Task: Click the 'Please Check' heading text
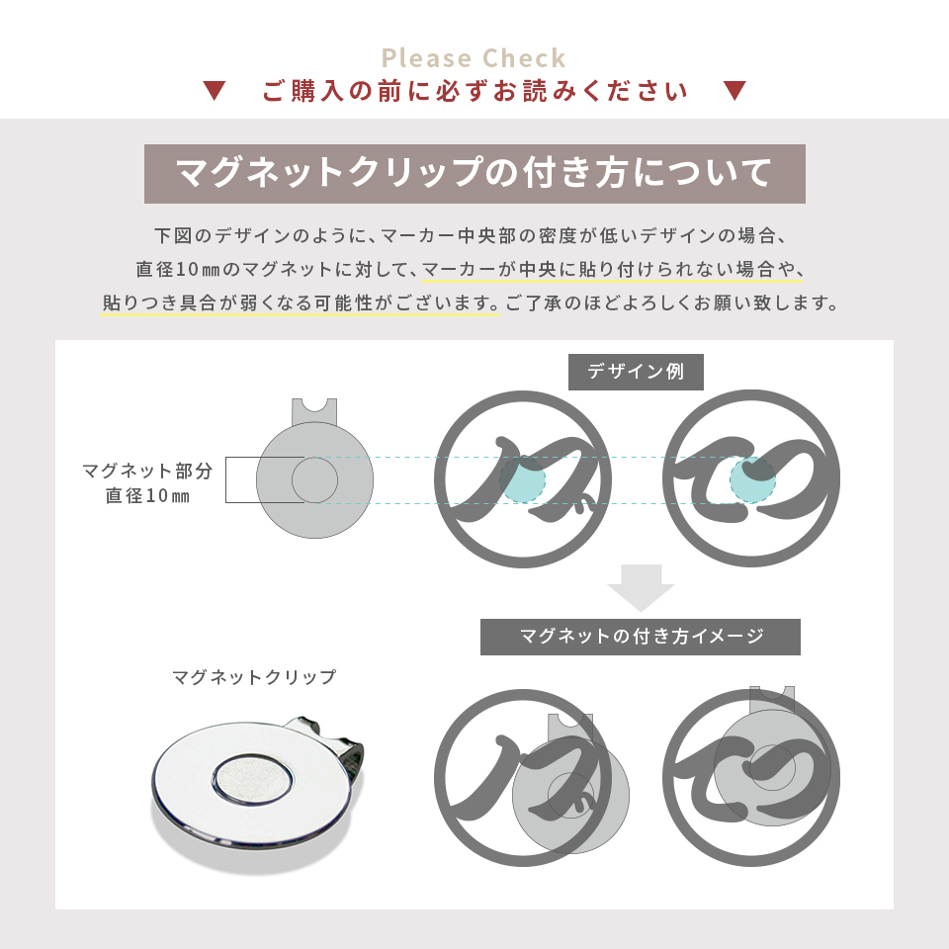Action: [474, 57]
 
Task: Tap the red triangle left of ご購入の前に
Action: [215, 92]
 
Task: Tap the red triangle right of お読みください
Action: [733, 92]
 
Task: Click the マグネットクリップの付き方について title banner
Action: [474, 173]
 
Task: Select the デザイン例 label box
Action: [636, 372]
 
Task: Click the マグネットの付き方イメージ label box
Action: [641, 637]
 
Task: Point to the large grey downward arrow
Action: [641, 588]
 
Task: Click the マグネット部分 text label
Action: [147, 471]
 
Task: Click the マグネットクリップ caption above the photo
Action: [254, 678]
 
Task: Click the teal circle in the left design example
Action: [522, 480]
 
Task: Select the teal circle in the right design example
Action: [752, 480]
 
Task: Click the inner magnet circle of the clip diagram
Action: [314, 480]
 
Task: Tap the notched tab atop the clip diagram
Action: [314, 410]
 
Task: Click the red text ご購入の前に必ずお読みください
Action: [474, 92]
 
